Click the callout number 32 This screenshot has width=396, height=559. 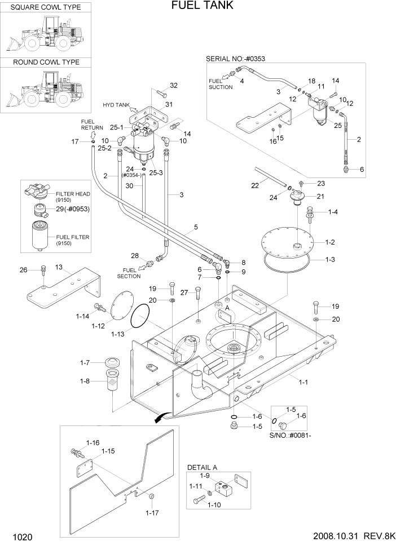pyautogui.click(x=174, y=86)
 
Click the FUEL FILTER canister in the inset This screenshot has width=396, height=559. pyautogui.click(x=41, y=236)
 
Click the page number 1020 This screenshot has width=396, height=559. pyautogui.click(x=20, y=538)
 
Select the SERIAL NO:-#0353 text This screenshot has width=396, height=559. pyautogui.click(x=235, y=58)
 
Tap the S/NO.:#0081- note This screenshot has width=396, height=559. pyautogui.click(x=292, y=436)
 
